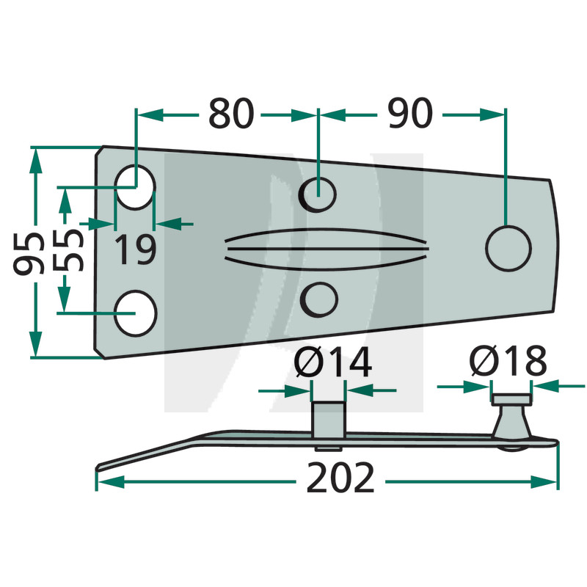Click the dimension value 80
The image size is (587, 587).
coord(231,113)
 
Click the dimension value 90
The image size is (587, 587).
coord(410,113)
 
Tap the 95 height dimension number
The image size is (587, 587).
coord(28,254)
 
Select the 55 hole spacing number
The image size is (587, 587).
coord(68,249)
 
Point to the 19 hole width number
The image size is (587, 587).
coord(135,249)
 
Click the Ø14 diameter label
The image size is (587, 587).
coord(332,362)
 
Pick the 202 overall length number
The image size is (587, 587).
coord(340,478)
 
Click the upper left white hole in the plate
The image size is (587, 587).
coord(135,187)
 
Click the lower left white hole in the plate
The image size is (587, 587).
coord(135,313)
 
